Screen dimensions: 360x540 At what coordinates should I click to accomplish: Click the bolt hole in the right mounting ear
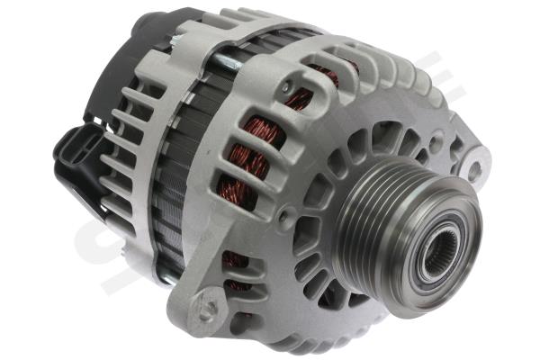(474, 168)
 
